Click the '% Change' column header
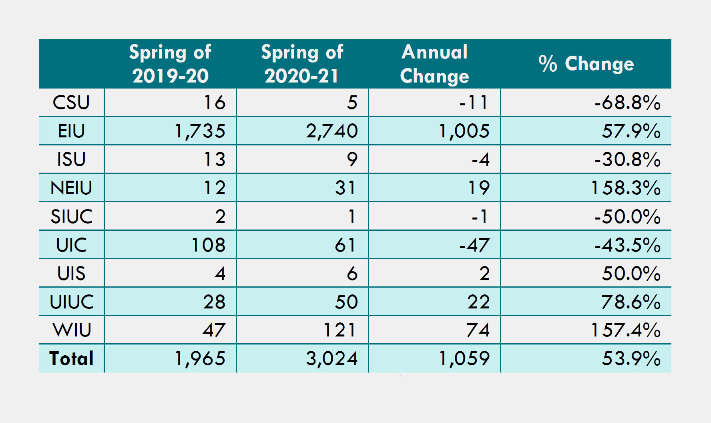[586, 64]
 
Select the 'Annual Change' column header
[434, 64]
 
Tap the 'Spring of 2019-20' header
[170, 64]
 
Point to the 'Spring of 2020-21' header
[302, 64]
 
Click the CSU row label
[71, 103]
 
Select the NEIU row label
[71, 188]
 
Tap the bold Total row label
[71, 359]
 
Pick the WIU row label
[72, 330]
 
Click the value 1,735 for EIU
[200, 131]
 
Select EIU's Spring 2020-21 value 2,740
[332, 131]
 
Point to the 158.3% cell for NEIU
[626, 188]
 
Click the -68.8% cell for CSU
[627, 103]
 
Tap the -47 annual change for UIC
[474, 245]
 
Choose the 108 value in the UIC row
[209, 245]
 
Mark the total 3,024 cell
[332, 359]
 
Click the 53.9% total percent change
[631, 359]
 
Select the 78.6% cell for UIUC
[631, 302]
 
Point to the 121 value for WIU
[340, 330]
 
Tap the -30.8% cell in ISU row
[627, 159]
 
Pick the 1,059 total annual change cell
[464, 359]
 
